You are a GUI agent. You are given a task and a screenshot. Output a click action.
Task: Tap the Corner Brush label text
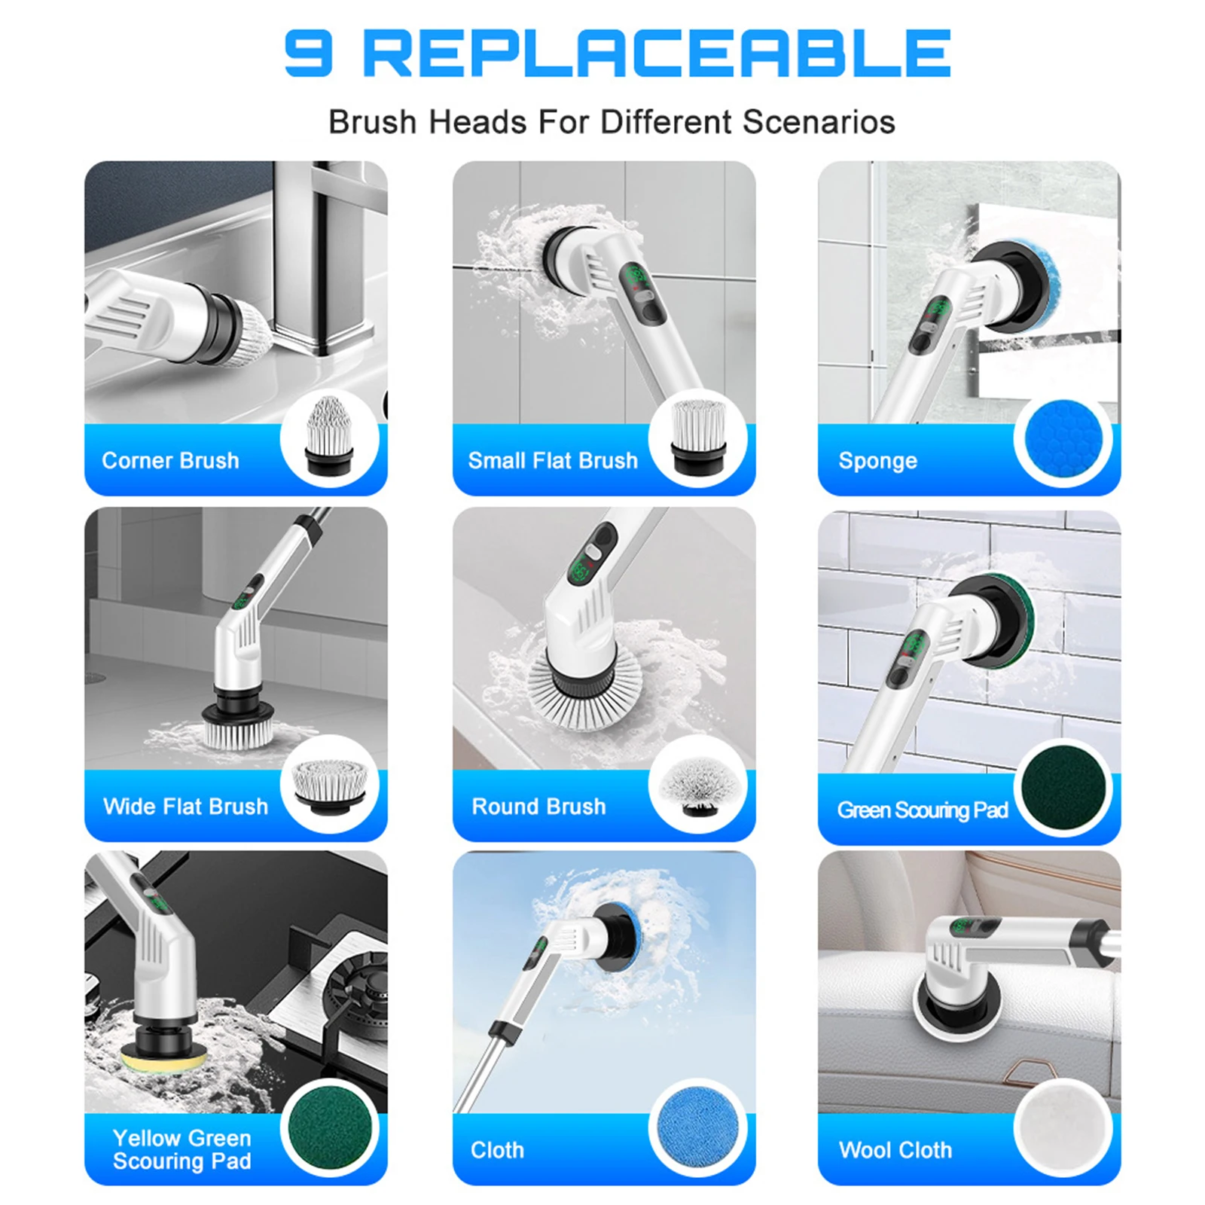(x=170, y=460)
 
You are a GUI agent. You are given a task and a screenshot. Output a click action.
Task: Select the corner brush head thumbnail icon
(x=329, y=437)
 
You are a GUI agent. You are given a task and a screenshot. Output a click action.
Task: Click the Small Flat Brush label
(x=553, y=460)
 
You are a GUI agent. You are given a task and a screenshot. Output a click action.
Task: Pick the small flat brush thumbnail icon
(x=697, y=437)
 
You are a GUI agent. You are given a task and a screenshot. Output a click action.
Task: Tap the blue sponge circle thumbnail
(x=1063, y=439)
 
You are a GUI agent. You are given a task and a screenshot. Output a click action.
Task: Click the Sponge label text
(x=877, y=460)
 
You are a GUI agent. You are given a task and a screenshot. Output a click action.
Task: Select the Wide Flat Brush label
(x=185, y=807)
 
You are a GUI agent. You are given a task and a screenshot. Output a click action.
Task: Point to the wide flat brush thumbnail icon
(x=329, y=786)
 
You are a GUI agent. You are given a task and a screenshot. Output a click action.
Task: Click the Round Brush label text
(x=538, y=807)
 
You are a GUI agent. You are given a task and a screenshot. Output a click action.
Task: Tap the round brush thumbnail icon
(x=697, y=786)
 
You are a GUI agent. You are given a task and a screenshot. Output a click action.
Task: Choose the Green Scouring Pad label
(x=922, y=810)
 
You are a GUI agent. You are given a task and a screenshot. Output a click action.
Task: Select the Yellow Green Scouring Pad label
(x=182, y=1149)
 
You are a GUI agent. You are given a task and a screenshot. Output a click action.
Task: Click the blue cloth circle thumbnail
(x=697, y=1127)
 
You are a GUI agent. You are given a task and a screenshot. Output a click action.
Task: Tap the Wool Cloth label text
(x=895, y=1150)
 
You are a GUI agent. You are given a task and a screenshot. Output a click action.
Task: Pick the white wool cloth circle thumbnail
(x=1063, y=1127)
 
